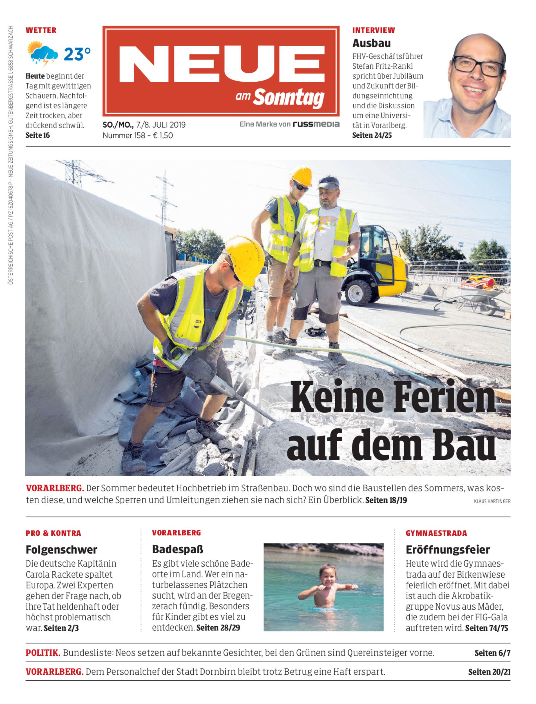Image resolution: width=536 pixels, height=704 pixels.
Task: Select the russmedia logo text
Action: [316, 124]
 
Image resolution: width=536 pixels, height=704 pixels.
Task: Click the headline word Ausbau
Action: [371, 43]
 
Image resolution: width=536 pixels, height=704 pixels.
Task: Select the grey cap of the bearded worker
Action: [328, 182]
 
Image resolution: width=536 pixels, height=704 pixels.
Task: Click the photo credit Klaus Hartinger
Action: [492, 501]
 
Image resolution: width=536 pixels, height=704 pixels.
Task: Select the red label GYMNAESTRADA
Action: [436, 533]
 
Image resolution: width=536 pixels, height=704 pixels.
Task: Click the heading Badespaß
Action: [177, 549]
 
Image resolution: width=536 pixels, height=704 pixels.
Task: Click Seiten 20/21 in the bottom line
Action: [489, 672]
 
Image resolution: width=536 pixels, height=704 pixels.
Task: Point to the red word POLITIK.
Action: [43, 653]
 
